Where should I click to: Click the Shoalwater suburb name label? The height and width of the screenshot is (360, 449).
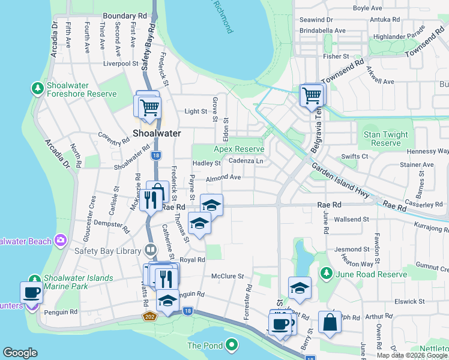[157, 133]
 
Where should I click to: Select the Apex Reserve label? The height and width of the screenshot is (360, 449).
[240, 149]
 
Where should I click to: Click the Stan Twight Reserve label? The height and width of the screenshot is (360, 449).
[385, 139]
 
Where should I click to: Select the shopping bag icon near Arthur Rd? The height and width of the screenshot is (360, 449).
[330, 323]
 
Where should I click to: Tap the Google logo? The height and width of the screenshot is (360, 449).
[20, 353]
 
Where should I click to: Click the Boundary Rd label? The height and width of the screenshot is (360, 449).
[125, 15]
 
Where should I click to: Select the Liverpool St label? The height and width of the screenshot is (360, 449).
[121, 63]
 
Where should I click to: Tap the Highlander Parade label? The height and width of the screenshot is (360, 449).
[398, 36]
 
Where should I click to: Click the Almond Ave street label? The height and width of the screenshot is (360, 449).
[223, 178]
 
